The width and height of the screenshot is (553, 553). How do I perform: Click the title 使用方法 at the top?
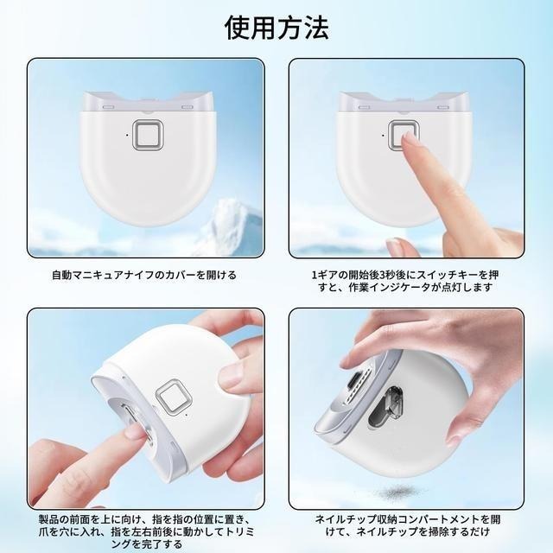click(x=276, y=28)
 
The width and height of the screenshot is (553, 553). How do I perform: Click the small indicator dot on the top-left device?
click(x=126, y=135)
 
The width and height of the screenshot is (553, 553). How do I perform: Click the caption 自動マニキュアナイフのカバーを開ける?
click(x=143, y=276)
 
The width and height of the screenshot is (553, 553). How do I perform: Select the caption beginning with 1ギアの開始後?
click(x=405, y=282)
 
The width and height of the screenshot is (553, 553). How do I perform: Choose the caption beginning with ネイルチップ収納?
click(x=405, y=526)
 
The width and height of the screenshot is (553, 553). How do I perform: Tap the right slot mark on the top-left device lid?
click(x=187, y=108)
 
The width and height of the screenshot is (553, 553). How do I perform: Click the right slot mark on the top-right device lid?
click(x=442, y=108)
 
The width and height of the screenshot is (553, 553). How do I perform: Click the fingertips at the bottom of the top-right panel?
click(x=406, y=247)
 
